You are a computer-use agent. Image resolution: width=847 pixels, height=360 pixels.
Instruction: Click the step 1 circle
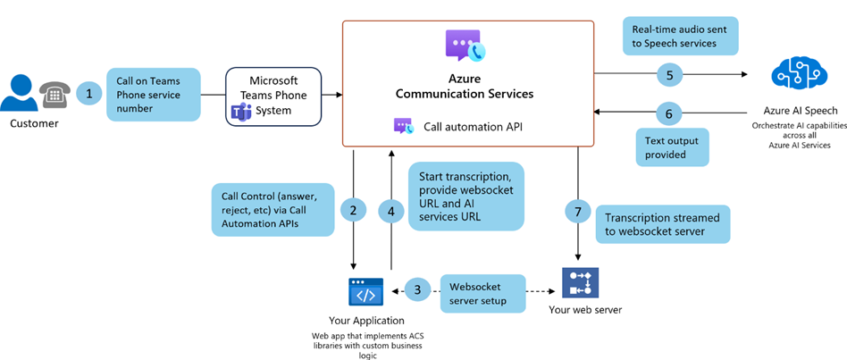88,93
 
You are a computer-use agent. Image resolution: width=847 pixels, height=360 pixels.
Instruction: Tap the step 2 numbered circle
354,210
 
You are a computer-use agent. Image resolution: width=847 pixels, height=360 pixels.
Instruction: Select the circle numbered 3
417,289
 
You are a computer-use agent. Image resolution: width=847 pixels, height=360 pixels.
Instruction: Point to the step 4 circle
390,211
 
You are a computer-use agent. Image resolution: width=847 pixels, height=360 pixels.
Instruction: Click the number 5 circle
669,75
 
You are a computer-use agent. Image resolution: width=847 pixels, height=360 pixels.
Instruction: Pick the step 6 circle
669,113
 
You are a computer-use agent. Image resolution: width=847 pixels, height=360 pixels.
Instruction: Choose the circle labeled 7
578,211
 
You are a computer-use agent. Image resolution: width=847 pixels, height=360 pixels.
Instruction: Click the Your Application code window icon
365,292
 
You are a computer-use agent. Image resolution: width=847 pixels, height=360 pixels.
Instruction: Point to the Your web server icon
576,283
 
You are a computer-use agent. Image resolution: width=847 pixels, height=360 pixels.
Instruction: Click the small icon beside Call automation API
404,127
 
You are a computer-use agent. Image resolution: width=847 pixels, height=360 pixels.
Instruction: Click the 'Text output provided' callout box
672,147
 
